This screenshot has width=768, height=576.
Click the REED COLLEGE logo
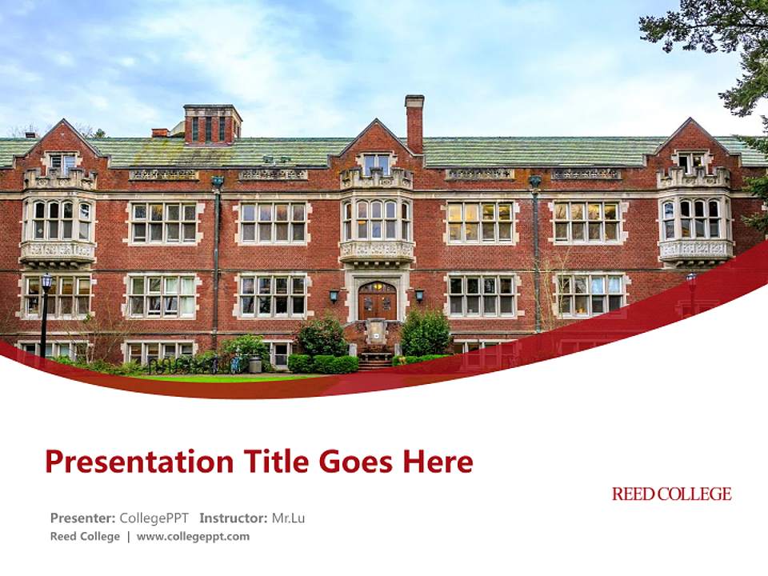pyautogui.click(x=671, y=494)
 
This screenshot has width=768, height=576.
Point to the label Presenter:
pyautogui.click(x=82, y=518)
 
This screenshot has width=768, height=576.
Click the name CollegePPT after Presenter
pyautogui.click(x=154, y=518)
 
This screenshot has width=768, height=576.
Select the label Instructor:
pyautogui.click(x=233, y=518)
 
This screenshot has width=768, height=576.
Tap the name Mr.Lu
pyautogui.click(x=288, y=518)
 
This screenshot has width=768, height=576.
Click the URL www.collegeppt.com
pyautogui.click(x=193, y=536)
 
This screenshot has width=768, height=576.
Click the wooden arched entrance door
pyautogui.click(x=377, y=301)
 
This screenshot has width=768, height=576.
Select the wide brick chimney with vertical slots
pyautogui.click(x=212, y=124)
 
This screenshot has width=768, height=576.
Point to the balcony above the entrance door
pyautogui.click(x=377, y=250)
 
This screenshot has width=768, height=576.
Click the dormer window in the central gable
pyautogui.click(x=377, y=164)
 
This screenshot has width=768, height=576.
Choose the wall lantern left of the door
pyautogui.click(x=334, y=295)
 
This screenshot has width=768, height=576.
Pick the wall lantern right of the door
pyautogui.click(x=419, y=295)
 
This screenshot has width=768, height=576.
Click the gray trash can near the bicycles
pyautogui.click(x=255, y=364)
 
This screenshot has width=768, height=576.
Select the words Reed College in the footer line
pyautogui.click(x=85, y=536)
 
